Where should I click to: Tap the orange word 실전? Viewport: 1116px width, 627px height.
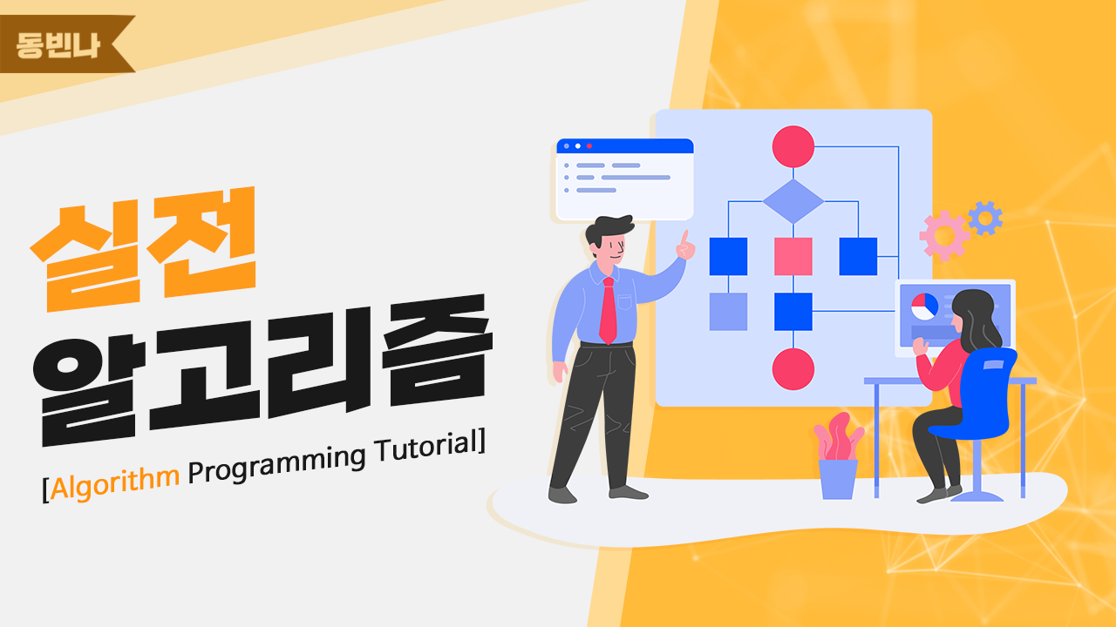144,249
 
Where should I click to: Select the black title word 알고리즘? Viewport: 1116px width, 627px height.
262,371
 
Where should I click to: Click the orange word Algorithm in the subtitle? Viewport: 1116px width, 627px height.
114,482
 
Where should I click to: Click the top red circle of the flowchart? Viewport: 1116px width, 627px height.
793,147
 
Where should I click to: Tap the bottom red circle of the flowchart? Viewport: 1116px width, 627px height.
793,368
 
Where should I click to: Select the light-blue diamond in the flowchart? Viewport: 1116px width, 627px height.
793,201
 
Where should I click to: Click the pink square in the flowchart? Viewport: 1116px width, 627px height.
793,256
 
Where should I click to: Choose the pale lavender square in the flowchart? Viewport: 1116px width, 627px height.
728,312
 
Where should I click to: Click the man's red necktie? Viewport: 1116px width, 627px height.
609,310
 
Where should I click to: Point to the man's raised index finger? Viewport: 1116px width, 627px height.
685,239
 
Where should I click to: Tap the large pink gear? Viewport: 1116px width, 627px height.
944,235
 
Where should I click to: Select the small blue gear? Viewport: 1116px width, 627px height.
985,218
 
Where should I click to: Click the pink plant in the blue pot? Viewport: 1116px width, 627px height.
839,436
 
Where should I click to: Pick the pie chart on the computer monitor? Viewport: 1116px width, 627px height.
925,307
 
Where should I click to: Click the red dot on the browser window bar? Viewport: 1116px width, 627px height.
589,145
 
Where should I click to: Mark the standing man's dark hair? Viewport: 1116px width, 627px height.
608,230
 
